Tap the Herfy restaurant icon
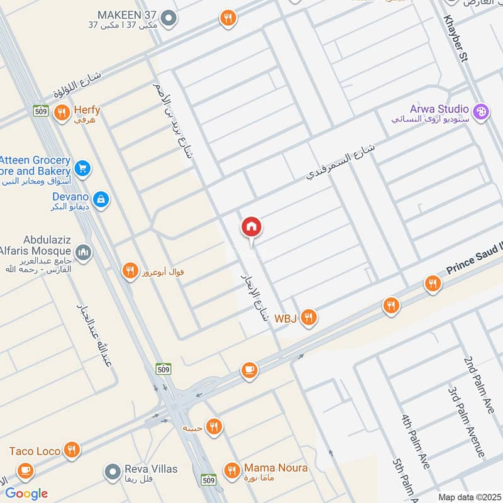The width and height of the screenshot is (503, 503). [x=61, y=113]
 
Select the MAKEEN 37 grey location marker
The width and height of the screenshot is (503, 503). [x=167, y=19]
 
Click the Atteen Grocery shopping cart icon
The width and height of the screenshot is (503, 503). [x=82, y=168]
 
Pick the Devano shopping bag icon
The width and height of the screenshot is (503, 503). [x=101, y=201]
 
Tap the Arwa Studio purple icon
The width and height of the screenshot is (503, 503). [x=481, y=112]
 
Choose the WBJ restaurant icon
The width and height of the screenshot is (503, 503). [x=307, y=318]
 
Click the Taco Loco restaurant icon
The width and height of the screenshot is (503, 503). [x=72, y=450]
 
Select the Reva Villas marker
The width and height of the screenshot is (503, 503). [x=113, y=470]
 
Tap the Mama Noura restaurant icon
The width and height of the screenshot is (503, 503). [x=232, y=470]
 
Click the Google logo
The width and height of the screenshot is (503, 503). [x=26, y=493]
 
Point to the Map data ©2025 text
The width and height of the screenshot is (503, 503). [x=468, y=497]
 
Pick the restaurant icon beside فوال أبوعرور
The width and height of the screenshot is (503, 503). [x=129, y=271]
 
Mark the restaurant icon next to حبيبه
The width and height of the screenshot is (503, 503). [x=214, y=427]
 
